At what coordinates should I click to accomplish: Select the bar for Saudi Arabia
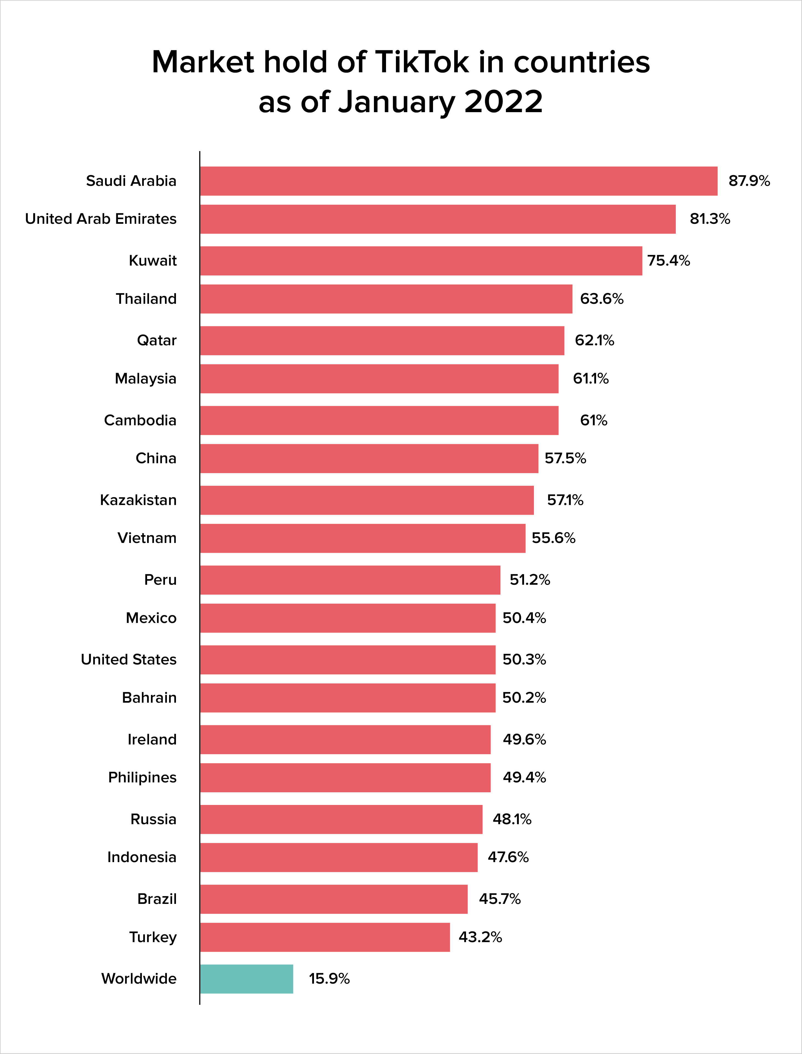[459, 181]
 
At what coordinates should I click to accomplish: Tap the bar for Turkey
[325, 937]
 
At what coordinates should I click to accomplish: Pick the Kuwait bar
[421, 261]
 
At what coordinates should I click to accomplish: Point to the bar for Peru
[350, 580]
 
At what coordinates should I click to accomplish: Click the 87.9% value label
[749, 181]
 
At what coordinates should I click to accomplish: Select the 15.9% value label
[329, 979]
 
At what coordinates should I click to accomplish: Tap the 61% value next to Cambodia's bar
[593, 420]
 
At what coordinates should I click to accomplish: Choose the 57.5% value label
[565, 458]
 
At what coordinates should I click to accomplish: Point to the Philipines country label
[142, 778]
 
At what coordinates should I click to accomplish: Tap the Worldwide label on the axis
[139, 979]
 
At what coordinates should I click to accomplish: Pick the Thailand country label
[146, 299]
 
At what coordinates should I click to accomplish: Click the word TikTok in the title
[423, 62]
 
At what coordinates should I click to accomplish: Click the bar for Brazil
[334, 899]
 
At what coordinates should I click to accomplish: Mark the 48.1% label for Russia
[512, 819]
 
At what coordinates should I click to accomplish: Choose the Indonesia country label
[142, 857]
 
